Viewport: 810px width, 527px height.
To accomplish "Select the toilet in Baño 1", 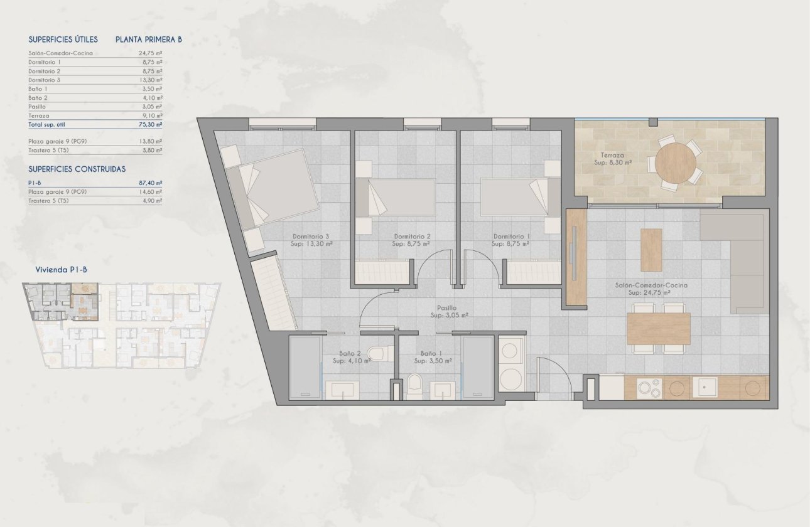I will click(415, 386).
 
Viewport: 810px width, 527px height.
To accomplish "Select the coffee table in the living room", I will click(651, 250).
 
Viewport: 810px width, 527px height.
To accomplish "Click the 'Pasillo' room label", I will click(447, 308).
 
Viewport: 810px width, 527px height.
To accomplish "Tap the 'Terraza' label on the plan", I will click(608, 154).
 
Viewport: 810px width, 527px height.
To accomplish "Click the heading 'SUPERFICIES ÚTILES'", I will click(63, 40).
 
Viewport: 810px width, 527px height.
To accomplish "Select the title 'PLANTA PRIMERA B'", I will click(148, 40).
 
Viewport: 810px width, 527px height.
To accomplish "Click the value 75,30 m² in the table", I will click(150, 125).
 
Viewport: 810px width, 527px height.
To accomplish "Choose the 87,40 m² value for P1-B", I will click(150, 183).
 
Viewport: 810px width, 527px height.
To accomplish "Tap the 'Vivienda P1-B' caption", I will click(62, 270).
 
